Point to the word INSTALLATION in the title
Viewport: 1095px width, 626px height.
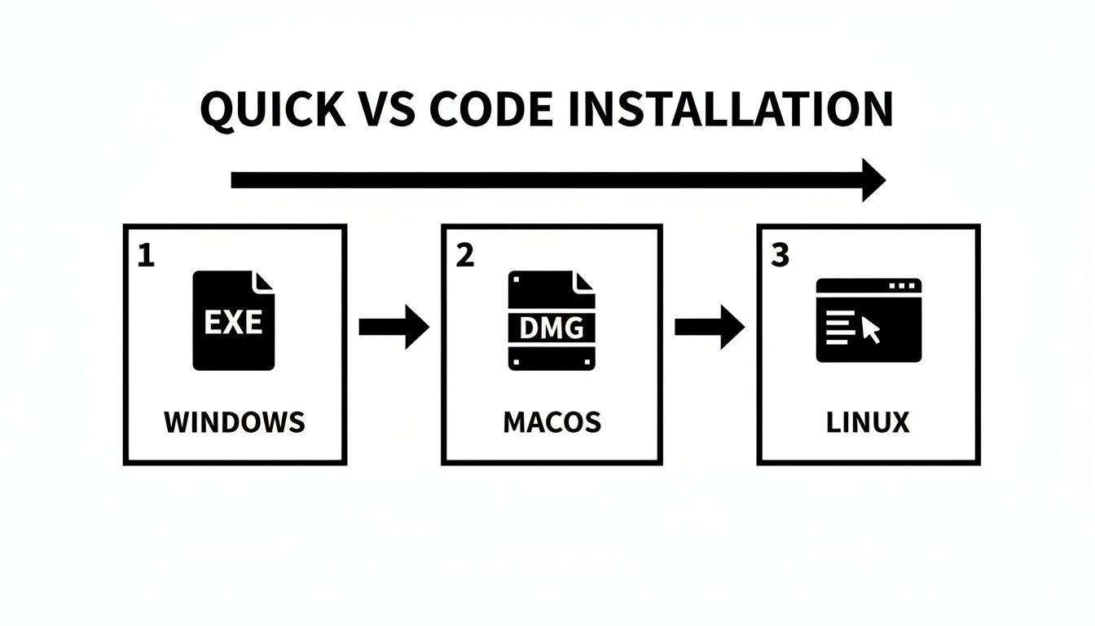728,109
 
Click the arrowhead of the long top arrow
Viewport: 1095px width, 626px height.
872,180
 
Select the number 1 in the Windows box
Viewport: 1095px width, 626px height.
145,256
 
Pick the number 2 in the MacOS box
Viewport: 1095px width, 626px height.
464,256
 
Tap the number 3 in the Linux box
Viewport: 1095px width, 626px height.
780,256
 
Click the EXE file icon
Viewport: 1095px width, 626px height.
234,321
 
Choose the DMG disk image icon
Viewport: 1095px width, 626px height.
552,321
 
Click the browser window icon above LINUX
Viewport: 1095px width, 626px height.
869,320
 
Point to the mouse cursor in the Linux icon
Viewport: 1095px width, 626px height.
870,330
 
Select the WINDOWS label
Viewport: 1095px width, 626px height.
235,422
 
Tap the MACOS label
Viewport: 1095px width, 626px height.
552,422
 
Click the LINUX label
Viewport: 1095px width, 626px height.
868,422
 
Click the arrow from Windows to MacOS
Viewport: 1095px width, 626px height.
394,327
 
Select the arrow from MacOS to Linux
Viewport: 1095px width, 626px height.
710,327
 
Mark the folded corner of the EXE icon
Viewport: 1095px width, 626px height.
265,282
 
